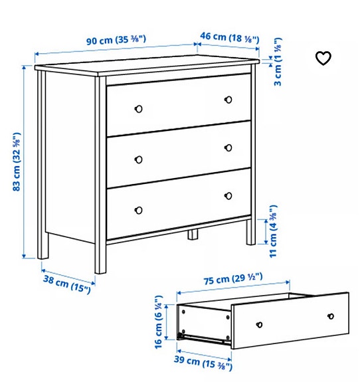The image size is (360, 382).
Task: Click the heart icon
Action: click(x=323, y=58)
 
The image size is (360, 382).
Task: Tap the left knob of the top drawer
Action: click(x=139, y=108)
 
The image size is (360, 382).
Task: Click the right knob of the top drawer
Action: click(x=228, y=100)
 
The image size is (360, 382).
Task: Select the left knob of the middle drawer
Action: click(x=139, y=159)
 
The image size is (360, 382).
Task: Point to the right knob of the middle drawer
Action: click(x=228, y=147)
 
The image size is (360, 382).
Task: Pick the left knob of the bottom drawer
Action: click(x=139, y=210)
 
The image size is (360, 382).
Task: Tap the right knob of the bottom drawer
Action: click(x=228, y=195)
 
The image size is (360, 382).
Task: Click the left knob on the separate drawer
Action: click(x=260, y=326)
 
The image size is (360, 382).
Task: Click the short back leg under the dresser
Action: click(x=193, y=235)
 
